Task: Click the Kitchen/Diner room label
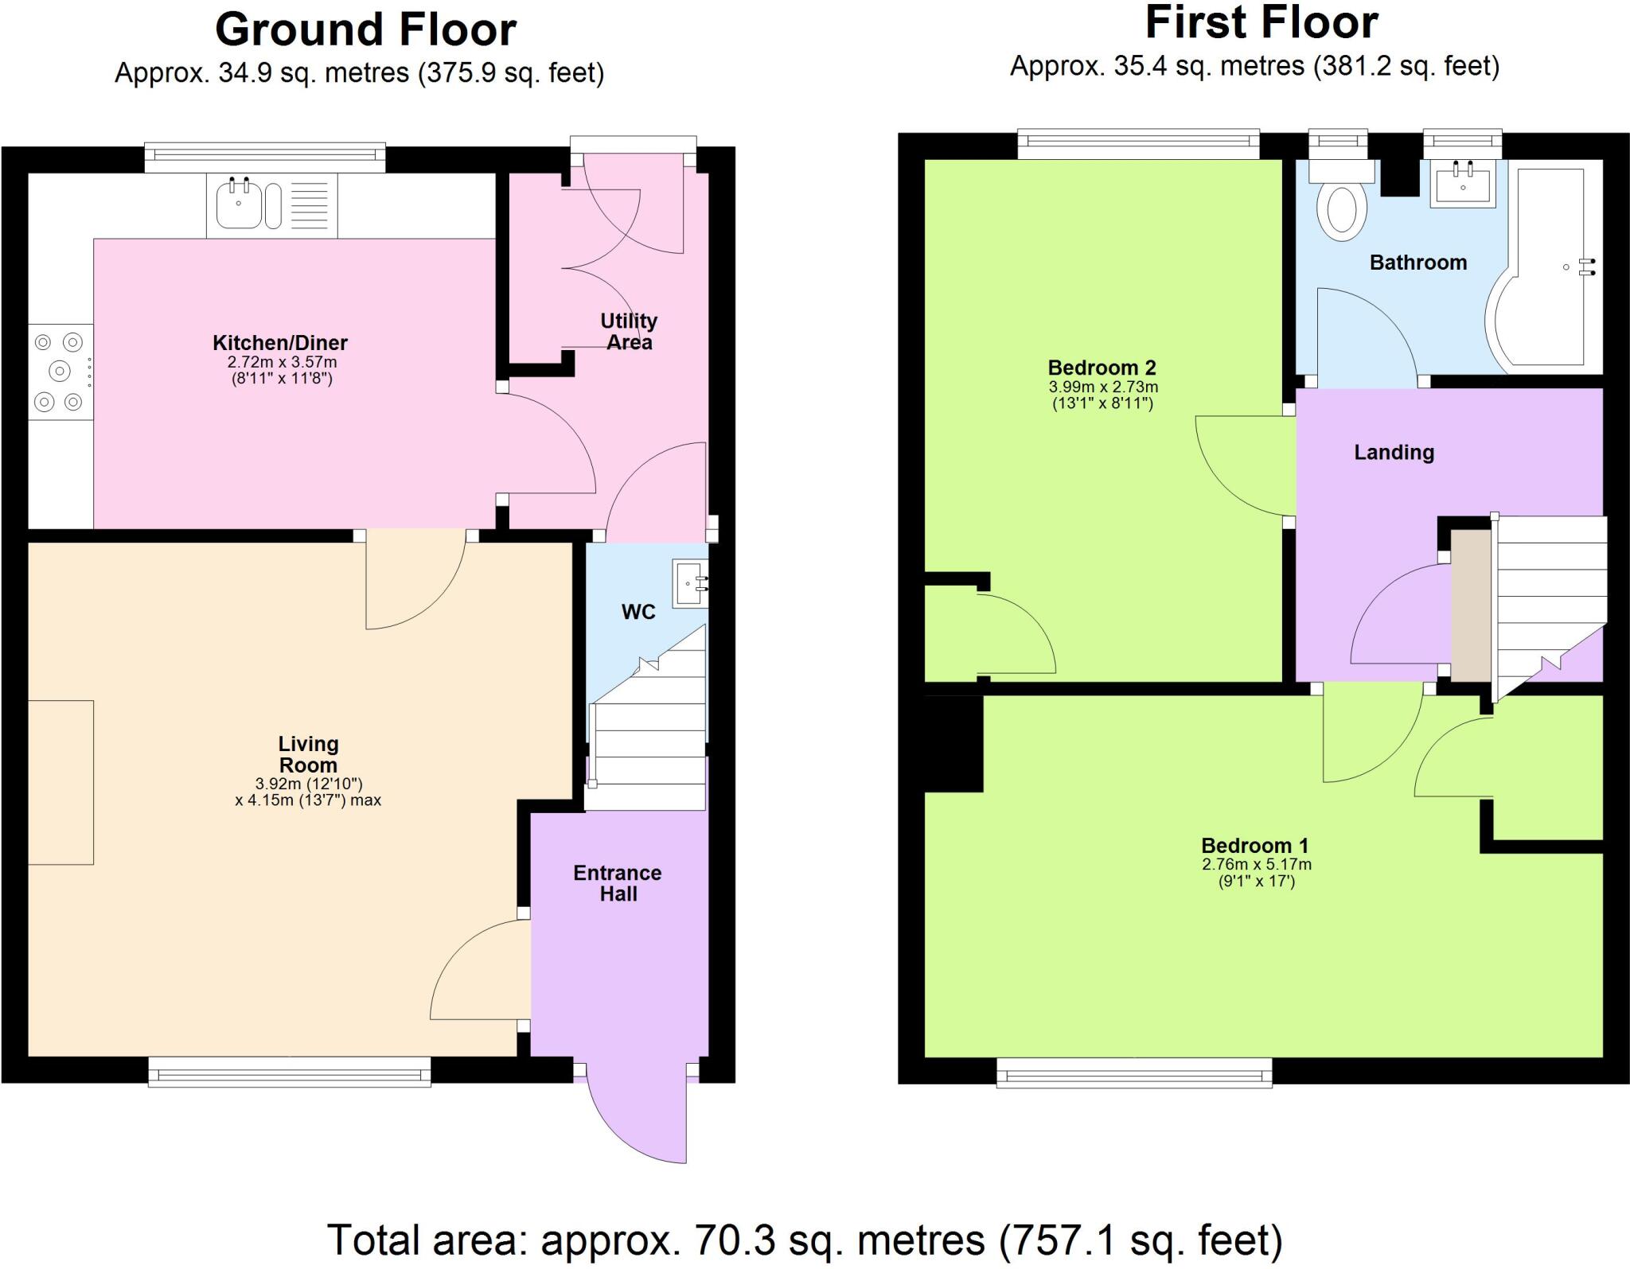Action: point(279,343)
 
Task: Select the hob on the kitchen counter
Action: point(60,372)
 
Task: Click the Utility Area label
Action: point(629,332)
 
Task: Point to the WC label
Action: point(638,612)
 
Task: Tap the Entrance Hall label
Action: point(618,883)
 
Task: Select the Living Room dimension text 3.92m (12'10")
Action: point(309,784)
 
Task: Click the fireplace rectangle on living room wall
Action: point(60,782)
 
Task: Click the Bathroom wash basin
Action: point(1463,185)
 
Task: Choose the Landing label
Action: point(1394,453)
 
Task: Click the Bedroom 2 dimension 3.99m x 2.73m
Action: point(1103,387)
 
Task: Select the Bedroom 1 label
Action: point(1254,845)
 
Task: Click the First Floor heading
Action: point(1261,24)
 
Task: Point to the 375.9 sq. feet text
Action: point(509,73)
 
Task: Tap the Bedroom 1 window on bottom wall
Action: point(1134,1072)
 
